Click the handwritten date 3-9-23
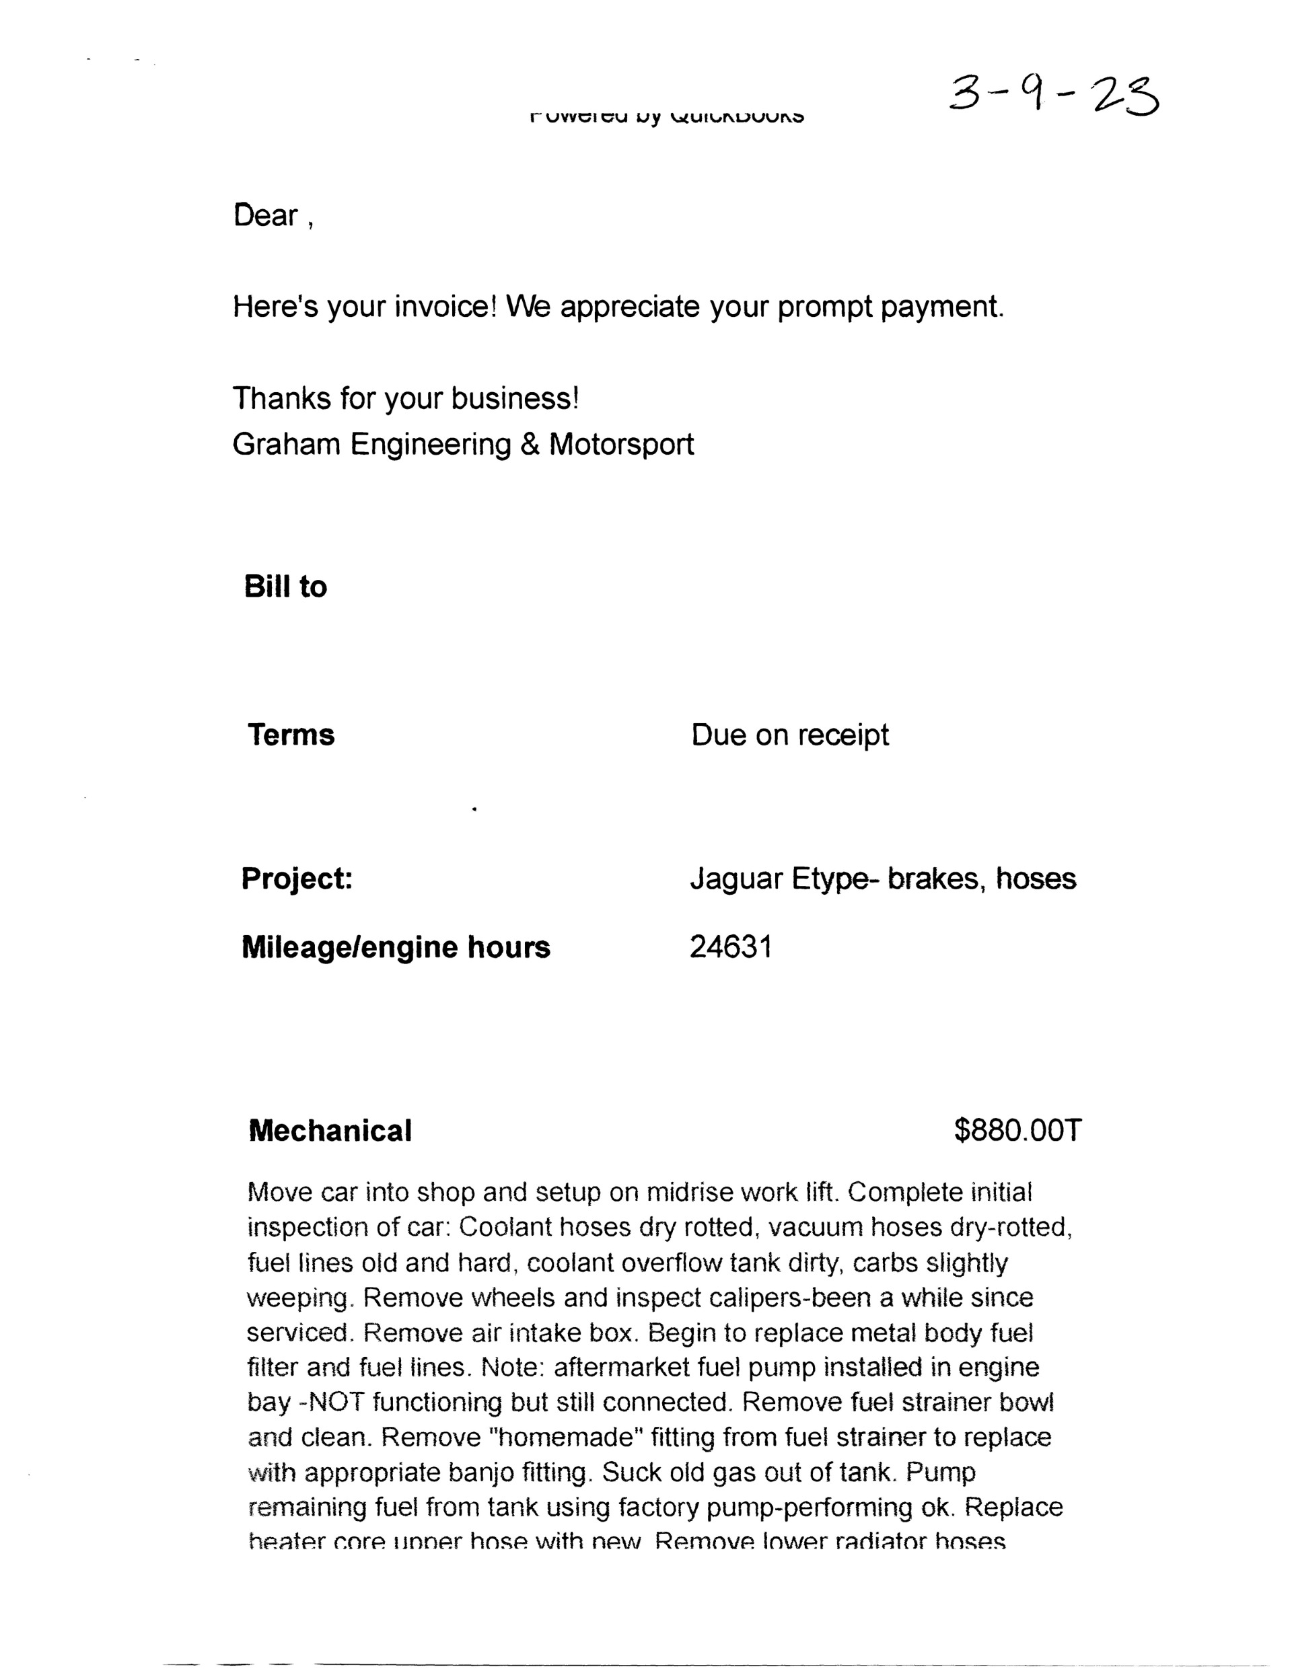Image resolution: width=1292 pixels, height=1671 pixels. click(x=1053, y=96)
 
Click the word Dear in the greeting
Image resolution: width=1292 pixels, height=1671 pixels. click(x=266, y=216)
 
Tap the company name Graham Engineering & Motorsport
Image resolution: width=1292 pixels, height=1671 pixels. click(x=463, y=445)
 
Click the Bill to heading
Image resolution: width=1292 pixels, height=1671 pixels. click(x=285, y=587)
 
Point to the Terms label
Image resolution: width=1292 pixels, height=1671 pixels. click(x=291, y=735)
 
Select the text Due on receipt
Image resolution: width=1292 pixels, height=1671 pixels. click(x=790, y=735)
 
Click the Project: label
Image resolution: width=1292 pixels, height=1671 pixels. click(x=297, y=879)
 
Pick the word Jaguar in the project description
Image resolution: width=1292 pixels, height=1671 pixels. click(x=736, y=879)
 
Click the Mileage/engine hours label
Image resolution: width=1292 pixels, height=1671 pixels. click(x=396, y=947)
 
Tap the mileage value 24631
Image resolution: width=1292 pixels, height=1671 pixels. click(x=731, y=947)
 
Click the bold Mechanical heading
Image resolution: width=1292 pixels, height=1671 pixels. click(x=330, y=1131)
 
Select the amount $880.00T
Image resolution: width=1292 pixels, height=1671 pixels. click(x=1018, y=1130)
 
